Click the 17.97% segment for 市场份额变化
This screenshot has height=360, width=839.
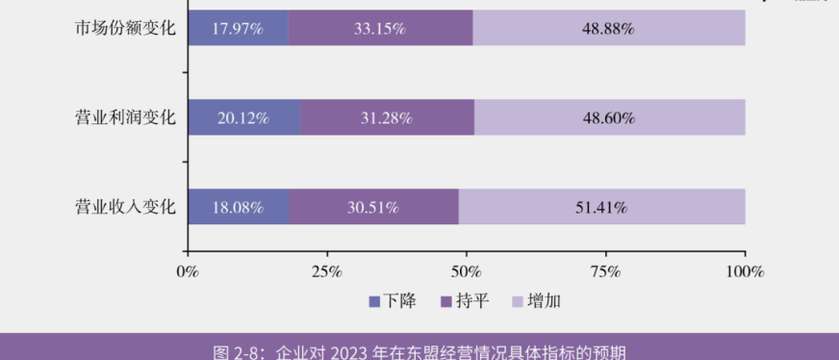(x=238, y=28)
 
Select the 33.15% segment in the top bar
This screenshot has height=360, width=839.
(x=380, y=28)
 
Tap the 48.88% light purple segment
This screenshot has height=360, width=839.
(x=608, y=28)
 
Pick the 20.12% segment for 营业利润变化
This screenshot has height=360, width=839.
(x=243, y=117)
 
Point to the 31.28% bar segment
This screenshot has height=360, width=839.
(x=387, y=117)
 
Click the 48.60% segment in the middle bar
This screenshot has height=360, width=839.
(x=609, y=117)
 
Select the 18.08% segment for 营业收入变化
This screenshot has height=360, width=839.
(x=238, y=207)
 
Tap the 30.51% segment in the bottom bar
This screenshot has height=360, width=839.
(x=373, y=207)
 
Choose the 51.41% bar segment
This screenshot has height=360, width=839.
(x=601, y=207)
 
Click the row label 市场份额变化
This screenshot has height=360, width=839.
(x=126, y=28)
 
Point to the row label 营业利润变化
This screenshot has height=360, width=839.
(x=126, y=117)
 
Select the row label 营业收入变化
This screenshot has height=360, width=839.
(x=126, y=207)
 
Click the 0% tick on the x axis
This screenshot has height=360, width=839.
(x=188, y=271)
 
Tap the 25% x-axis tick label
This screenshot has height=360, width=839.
(x=327, y=271)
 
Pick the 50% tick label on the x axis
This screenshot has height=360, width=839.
(x=467, y=271)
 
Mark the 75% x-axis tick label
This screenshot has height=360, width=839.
(x=606, y=271)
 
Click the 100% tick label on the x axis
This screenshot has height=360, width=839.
(x=745, y=271)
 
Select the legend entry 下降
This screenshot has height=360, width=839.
(x=393, y=301)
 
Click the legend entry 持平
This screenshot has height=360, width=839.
(x=465, y=301)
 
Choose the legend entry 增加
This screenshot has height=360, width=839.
(x=536, y=301)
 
